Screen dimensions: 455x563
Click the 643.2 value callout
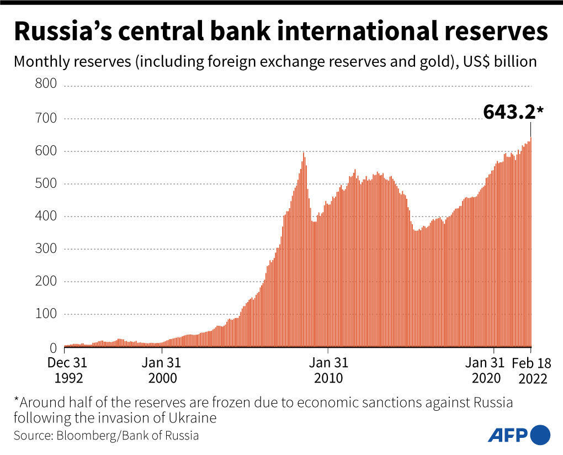click(x=509, y=112)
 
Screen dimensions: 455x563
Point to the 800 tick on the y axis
click(x=46, y=84)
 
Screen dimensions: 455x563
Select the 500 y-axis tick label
click(x=46, y=183)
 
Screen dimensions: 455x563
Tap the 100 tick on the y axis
click(x=46, y=314)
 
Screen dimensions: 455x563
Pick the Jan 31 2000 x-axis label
click(x=162, y=371)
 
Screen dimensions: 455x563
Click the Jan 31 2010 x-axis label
click(x=328, y=371)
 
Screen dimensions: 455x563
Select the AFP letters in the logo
click(x=508, y=435)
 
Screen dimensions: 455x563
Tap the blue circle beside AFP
click(x=540, y=435)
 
